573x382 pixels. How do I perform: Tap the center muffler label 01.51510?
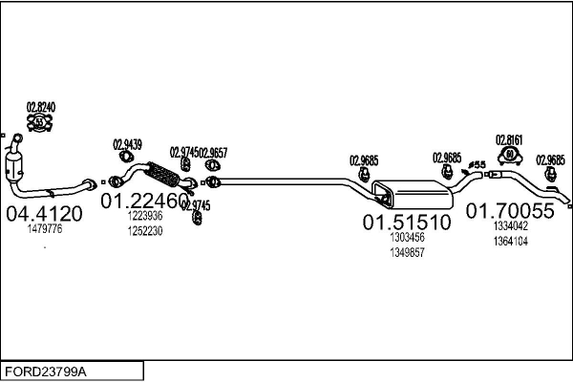pyautogui.click(x=405, y=223)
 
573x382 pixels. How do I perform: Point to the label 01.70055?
pyautogui.click(x=510, y=211)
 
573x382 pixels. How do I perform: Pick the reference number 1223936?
pyautogui.click(x=145, y=216)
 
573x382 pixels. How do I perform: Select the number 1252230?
pyautogui.click(x=145, y=230)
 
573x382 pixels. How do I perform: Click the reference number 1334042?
pyautogui.click(x=510, y=226)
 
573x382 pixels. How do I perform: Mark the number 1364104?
pyautogui.click(x=510, y=242)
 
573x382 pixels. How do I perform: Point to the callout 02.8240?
pyautogui.click(x=40, y=106)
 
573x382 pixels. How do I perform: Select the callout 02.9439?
pyautogui.click(x=127, y=144)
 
